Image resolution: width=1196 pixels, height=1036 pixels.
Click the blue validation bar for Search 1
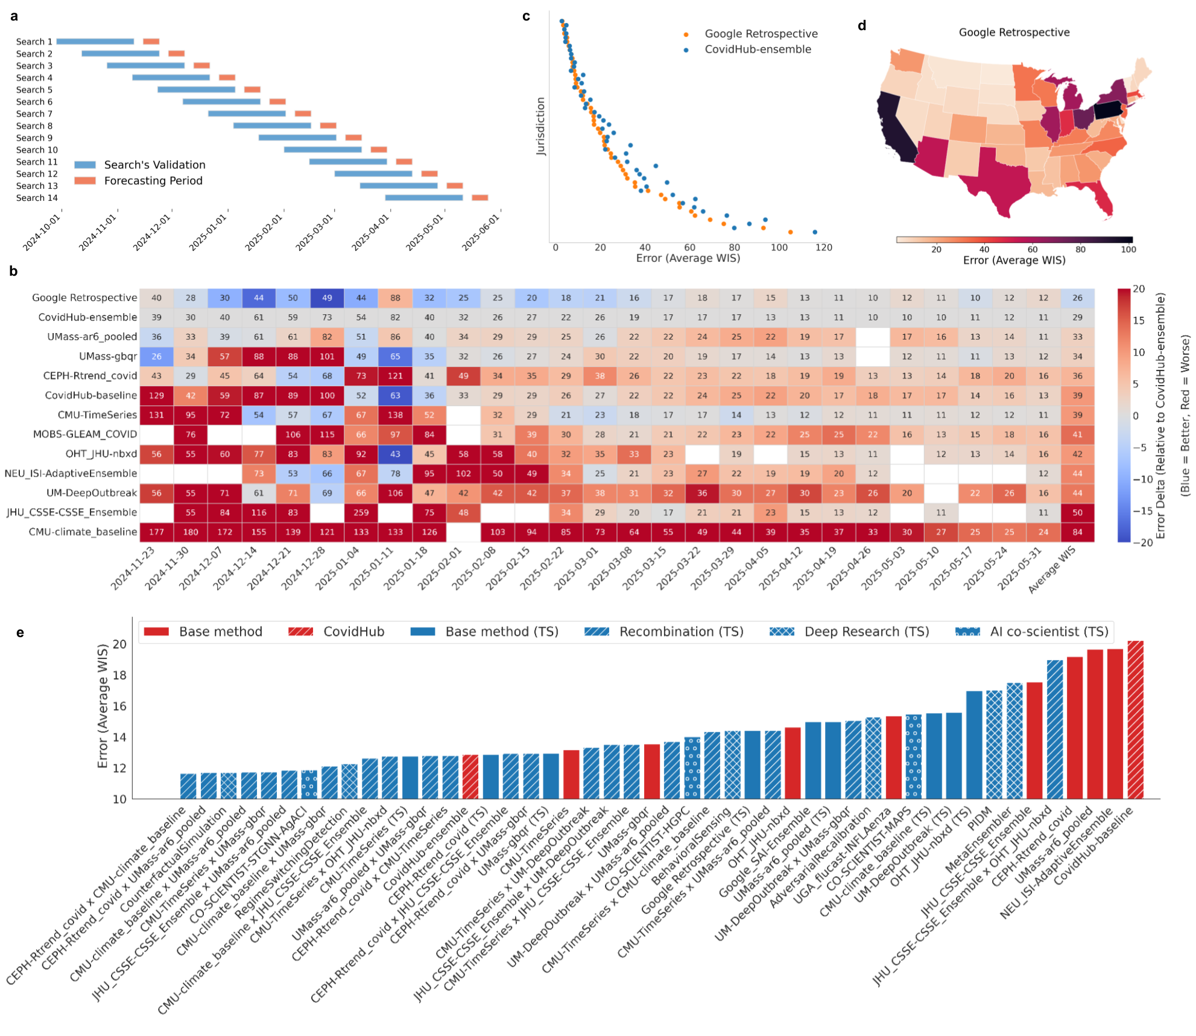pyautogui.click(x=95, y=42)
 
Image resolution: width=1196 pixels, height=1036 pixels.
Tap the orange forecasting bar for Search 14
pyautogui.click(x=479, y=198)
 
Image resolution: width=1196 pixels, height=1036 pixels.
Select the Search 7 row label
pyautogui.click(x=34, y=114)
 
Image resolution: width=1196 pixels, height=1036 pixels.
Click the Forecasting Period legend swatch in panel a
pyautogui.click(x=85, y=181)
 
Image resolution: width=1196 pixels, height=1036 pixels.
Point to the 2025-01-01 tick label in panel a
pyautogui.click(x=208, y=233)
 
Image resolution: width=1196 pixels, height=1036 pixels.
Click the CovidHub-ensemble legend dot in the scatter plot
pyautogui.click(x=686, y=50)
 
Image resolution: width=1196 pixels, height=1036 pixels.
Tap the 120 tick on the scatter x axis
pyautogui.click(x=823, y=247)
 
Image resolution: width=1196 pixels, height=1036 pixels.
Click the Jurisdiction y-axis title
pyautogui.click(x=540, y=127)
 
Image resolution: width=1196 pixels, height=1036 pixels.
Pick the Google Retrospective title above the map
pyautogui.click(x=1014, y=33)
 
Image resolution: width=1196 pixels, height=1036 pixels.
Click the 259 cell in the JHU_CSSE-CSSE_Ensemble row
pyautogui.click(x=361, y=513)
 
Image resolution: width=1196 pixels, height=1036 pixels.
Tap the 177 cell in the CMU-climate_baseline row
pyautogui.click(x=156, y=532)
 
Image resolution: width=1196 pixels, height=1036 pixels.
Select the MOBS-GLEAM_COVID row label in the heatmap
pyautogui.click(x=85, y=434)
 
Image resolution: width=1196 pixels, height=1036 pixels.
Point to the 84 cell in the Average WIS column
pyautogui.click(x=1077, y=532)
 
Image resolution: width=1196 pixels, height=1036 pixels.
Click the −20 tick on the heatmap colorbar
pyautogui.click(x=1138, y=542)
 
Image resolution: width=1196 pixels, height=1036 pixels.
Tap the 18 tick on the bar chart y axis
pyautogui.click(x=120, y=675)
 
